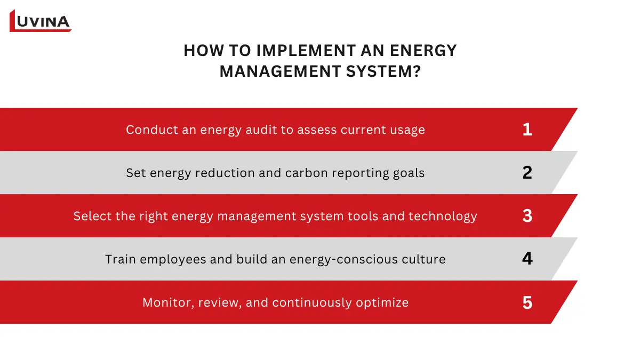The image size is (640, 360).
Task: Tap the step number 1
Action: pos(527,130)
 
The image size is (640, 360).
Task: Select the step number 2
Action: pos(527,173)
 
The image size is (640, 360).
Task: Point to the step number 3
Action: pos(527,216)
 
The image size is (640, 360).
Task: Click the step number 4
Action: pos(527,259)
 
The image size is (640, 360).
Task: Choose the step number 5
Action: pos(527,303)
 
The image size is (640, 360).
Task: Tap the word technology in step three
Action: pos(443,217)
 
